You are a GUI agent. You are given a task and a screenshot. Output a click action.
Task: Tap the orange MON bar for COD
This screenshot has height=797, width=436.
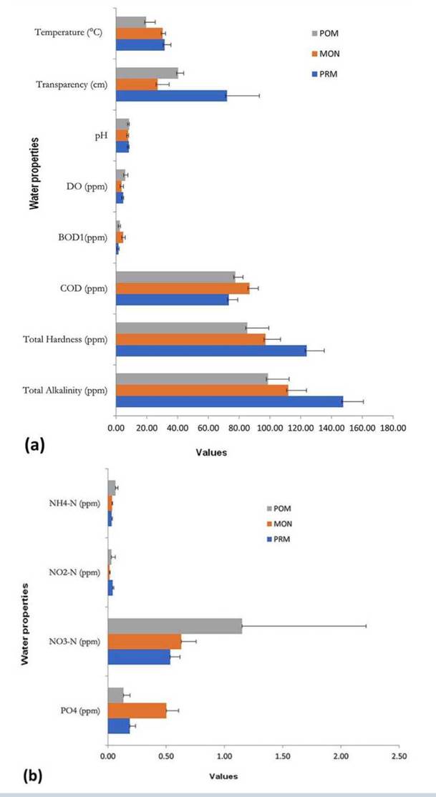point(183,288)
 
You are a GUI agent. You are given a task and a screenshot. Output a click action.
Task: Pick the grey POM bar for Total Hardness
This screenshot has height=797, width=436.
point(181,328)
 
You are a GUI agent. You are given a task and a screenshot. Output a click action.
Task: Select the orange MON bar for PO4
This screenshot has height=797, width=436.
point(137,710)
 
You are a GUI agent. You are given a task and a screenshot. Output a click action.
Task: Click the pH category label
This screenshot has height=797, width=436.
point(100,136)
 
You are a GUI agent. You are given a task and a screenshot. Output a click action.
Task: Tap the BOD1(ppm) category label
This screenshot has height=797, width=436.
point(80,238)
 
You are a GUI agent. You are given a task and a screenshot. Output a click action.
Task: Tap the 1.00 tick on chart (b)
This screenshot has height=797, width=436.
point(224,755)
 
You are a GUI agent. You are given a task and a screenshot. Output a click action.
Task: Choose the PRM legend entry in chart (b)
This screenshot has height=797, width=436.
point(278,539)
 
